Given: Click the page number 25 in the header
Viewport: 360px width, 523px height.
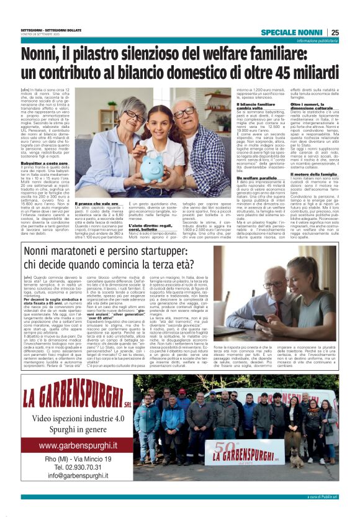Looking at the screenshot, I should coord(335,32).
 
